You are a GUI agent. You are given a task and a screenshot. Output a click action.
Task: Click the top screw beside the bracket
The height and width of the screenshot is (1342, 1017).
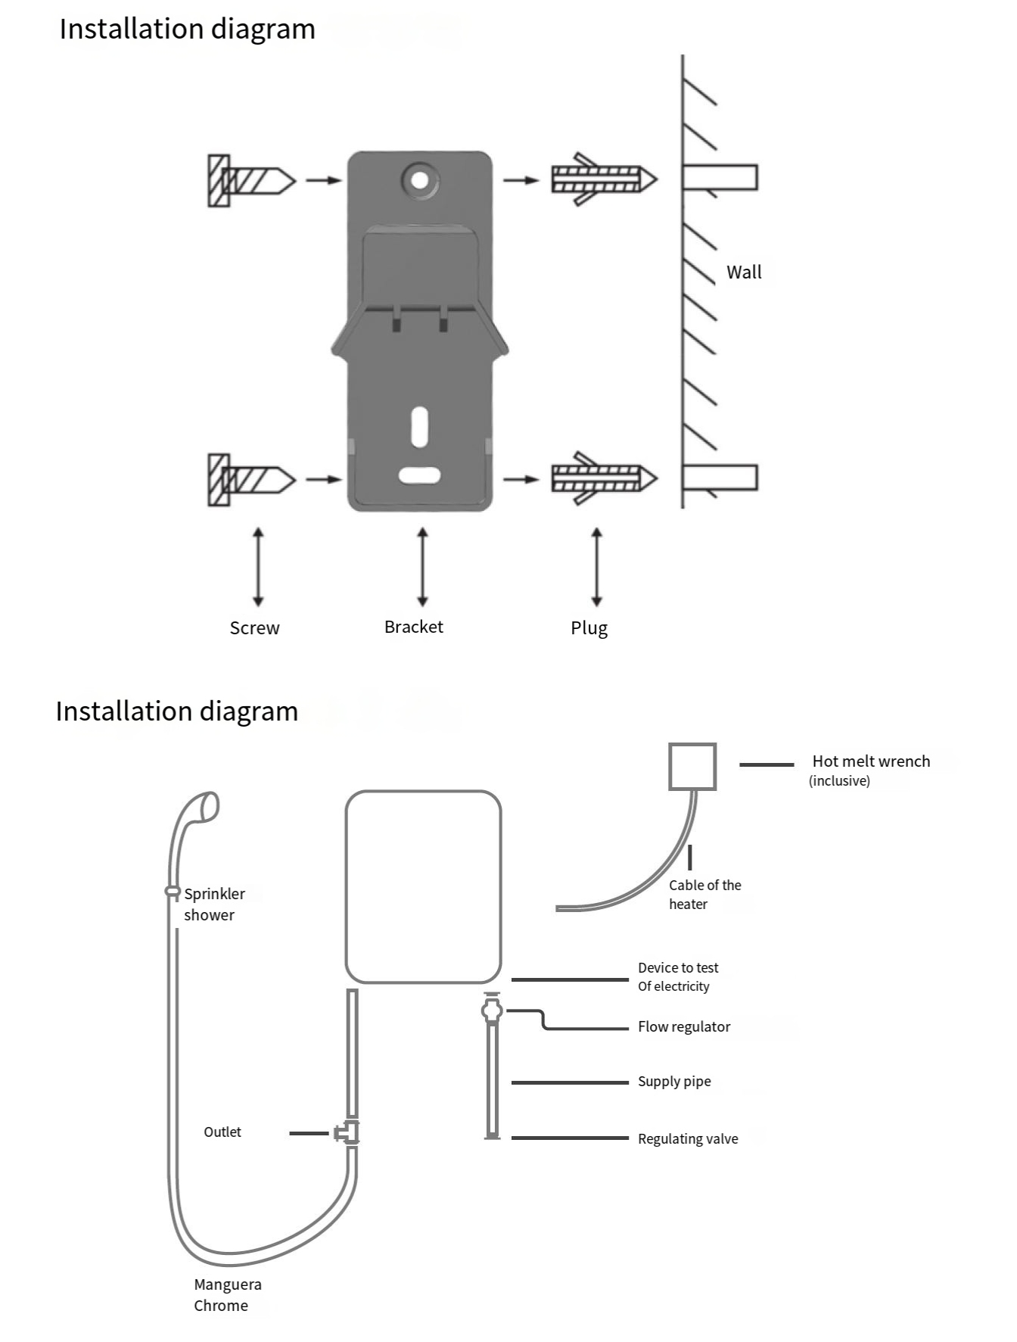(x=251, y=181)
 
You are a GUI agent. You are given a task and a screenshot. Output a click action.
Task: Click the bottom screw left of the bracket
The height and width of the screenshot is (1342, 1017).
(x=251, y=480)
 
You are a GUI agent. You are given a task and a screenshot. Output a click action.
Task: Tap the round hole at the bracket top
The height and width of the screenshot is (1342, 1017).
(x=420, y=181)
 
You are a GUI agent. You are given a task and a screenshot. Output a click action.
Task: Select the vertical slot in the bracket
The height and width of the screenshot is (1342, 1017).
(x=419, y=427)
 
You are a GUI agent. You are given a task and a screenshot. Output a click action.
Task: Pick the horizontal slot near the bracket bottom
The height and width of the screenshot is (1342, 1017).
(x=420, y=475)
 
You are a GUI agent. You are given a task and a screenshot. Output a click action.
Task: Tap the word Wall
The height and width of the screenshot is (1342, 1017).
(x=744, y=272)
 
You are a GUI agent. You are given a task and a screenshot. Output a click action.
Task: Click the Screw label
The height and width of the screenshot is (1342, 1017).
(x=254, y=628)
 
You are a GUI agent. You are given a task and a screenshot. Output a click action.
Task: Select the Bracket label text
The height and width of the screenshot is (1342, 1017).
(x=413, y=627)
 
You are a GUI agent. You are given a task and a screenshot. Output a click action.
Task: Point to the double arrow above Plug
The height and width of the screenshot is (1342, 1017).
(x=597, y=567)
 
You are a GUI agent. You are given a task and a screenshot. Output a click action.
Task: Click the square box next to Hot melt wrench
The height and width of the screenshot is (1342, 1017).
(x=692, y=767)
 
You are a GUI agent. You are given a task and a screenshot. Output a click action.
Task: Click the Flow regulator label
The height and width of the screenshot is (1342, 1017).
(x=684, y=1027)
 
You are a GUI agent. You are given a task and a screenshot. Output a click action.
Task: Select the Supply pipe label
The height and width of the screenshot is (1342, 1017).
(x=674, y=1082)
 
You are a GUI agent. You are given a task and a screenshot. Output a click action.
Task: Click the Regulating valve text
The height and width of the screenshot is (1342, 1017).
(x=688, y=1139)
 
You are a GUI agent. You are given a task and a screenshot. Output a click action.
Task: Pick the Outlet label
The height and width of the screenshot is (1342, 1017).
(x=222, y=1132)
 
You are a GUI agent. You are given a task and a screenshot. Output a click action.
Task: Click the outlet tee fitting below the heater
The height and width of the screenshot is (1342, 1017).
(x=347, y=1132)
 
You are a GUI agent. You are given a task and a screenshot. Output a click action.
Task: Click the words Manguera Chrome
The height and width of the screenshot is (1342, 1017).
(x=228, y=1295)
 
